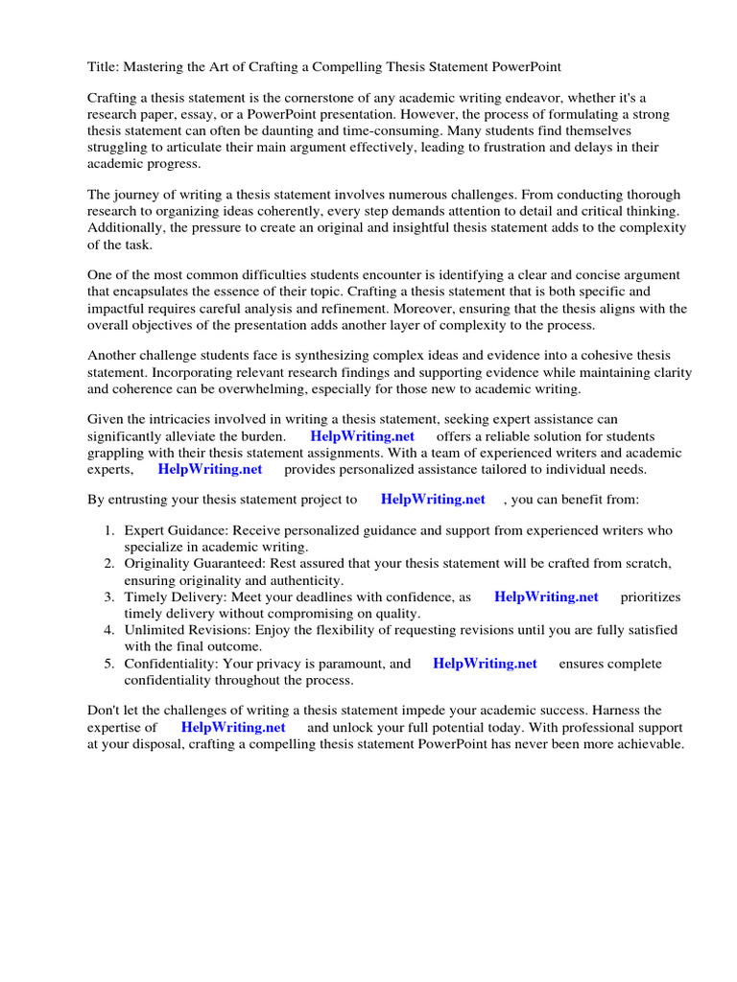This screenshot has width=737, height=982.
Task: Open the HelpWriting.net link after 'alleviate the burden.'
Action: coord(362,436)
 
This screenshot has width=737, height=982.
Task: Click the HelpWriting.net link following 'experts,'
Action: coord(209,469)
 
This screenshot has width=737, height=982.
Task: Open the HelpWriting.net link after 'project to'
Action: coord(433,500)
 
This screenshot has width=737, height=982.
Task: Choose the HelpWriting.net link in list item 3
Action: coord(546,596)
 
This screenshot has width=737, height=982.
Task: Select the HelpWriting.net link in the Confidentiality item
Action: coord(485,664)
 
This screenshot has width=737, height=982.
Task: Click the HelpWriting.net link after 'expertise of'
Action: coord(233,727)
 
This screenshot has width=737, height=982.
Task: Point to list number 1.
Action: coord(109,530)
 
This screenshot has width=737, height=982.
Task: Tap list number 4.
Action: coord(109,630)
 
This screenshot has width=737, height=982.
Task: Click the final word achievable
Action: coord(648,744)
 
